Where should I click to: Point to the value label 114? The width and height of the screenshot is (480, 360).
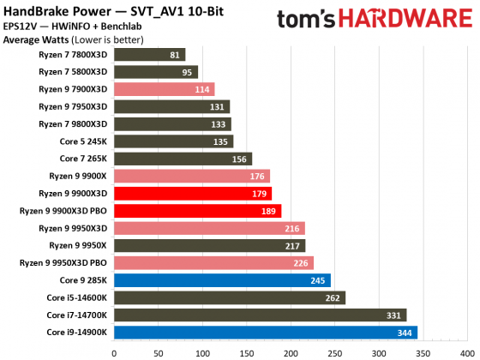(202, 89)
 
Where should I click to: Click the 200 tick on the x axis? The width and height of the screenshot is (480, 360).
(291, 351)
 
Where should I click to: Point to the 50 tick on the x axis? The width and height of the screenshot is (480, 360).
(158, 351)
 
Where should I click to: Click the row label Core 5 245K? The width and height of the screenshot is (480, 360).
(84, 141)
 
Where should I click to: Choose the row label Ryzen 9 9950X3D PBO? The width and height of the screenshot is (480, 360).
(63, 262)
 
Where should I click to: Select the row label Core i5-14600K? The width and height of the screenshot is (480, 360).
(79, 297)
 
